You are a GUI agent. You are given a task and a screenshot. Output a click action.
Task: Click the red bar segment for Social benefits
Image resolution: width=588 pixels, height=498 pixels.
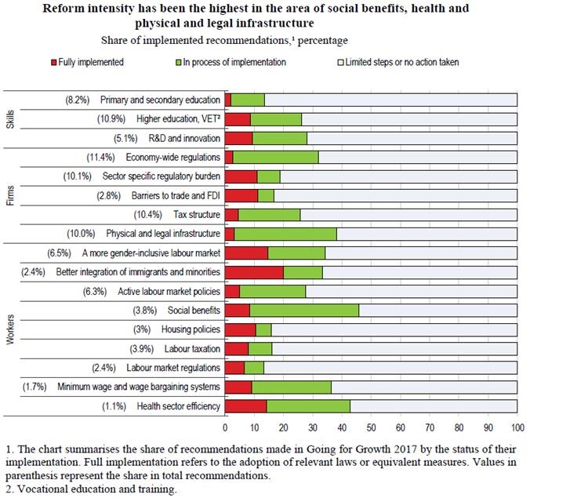pos(237,310)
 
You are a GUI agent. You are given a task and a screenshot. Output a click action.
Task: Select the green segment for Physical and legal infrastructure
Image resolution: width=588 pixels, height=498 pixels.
pos(285,233)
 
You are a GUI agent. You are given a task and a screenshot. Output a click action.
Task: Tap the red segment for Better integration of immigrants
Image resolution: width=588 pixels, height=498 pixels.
pos(253,271)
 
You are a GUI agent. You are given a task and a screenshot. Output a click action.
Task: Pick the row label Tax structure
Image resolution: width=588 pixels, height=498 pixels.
pos(195,214)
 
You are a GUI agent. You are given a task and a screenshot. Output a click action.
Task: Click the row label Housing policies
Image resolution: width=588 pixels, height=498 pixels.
pos(187,329)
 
